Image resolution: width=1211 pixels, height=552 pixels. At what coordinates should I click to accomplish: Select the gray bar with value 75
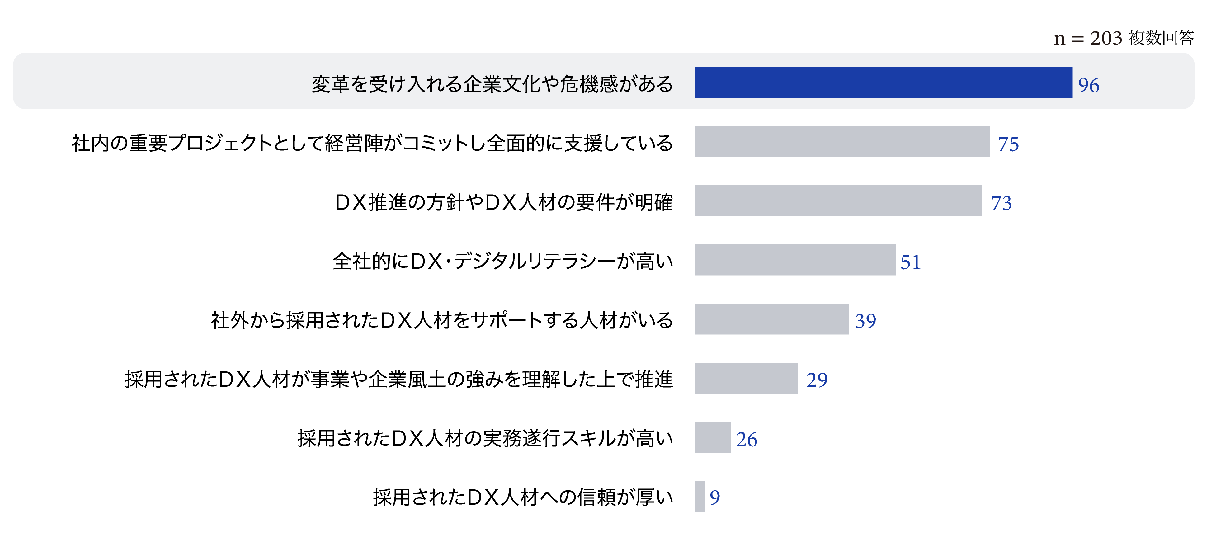842,142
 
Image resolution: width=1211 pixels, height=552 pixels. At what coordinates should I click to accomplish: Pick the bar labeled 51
795,260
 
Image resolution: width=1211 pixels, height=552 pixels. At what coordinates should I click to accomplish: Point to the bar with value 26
713,437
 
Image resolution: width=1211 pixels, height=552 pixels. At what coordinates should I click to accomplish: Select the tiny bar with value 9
700,497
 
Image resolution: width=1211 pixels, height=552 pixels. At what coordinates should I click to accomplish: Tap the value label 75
1008,144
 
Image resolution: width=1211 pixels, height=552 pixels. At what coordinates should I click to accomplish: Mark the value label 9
714,498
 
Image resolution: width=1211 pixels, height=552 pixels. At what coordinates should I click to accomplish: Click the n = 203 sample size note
1123,38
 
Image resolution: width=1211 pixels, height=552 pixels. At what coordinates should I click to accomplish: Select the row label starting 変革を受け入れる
492,84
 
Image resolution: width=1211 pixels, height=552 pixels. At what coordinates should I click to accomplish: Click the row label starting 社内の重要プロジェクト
372,144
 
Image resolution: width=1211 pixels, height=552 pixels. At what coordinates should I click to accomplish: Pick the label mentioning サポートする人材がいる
442,321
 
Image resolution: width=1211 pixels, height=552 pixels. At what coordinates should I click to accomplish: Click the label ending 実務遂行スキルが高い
485,439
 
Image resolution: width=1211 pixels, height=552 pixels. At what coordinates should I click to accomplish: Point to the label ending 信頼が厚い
523,498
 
